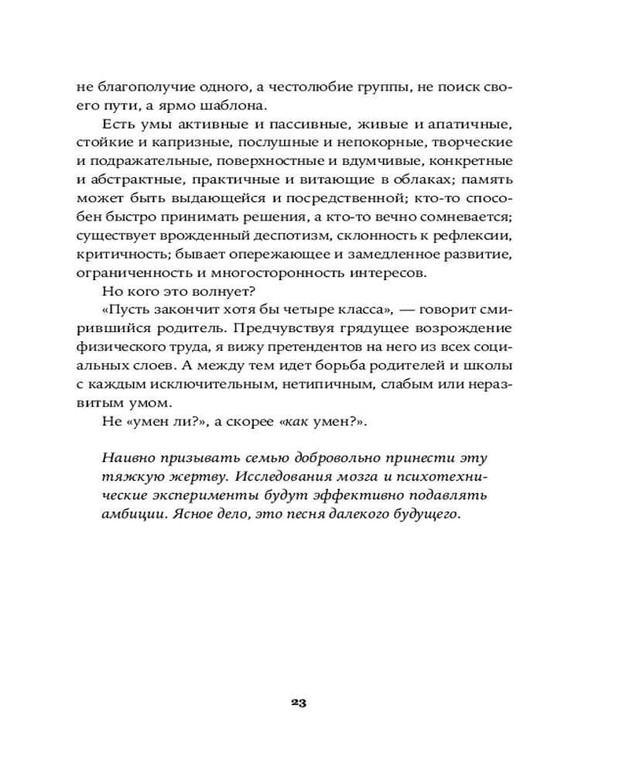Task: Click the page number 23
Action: [299, 703]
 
